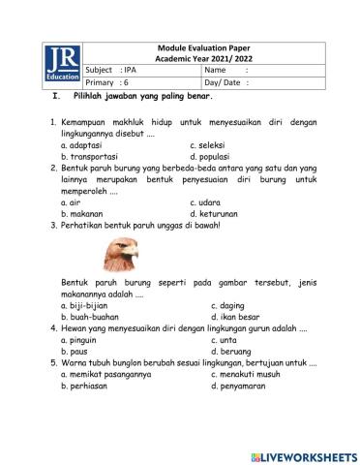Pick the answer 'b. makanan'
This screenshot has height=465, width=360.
pyautogui.click(x=81, y=213)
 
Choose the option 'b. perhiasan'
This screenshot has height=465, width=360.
pyautogui.click(x=85, y=386)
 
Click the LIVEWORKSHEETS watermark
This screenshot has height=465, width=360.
pyautogui.click(x=303, y=455)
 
